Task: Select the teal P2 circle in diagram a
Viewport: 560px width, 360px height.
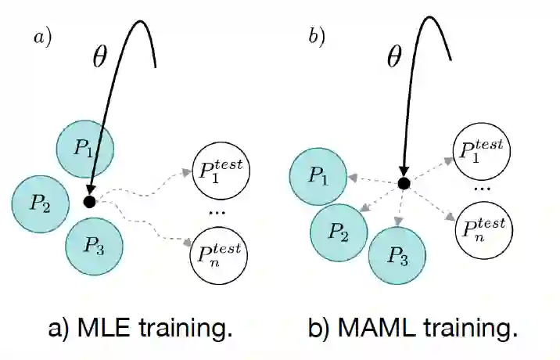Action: [41, 204]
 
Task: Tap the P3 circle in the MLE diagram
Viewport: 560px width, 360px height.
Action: [95, 243]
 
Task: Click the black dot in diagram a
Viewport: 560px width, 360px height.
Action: [89, 203]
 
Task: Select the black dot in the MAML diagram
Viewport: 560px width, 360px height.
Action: [404, 183]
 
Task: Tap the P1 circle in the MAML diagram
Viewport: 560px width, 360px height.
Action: [318, 178]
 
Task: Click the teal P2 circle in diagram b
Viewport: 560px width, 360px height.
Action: [339, 232]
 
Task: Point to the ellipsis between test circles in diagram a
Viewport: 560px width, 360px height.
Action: [217, 211]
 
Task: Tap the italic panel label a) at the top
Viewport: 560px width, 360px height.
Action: [41, 37]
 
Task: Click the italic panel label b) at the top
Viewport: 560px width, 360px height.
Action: [316, 37]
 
